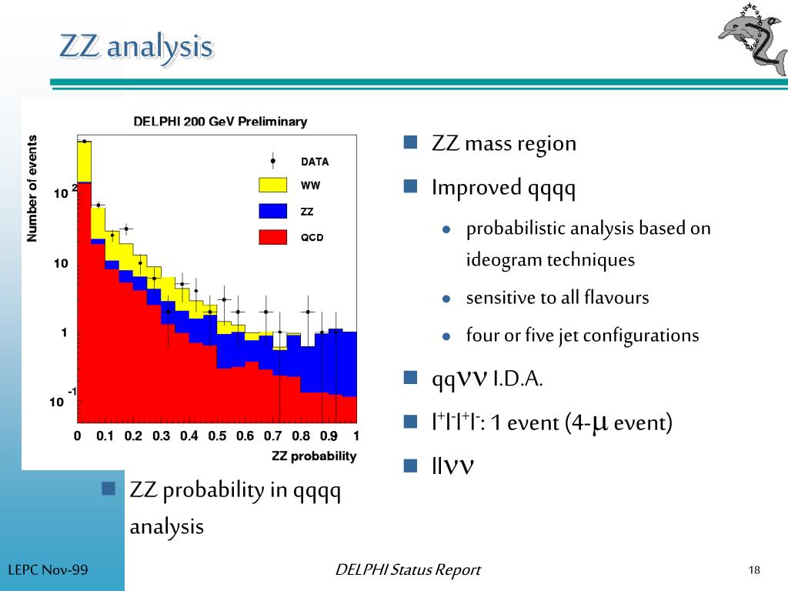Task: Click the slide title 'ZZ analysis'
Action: pyautogui.click(x=136, y=47)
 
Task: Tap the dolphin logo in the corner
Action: pyautogui.click(x=750, y=40)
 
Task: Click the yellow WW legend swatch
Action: pyautogui.click(x=272, y=185)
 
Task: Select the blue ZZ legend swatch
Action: pyautogui.click(x=272, y=211)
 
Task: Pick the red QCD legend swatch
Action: pyautogui.click(x=272, y=236)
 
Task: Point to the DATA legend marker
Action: pyautogui.click(x=272, y=161)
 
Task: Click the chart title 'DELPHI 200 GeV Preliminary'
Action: pyautogui.click(x=220, y=121)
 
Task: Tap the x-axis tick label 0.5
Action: pyautogui.click(x=217, y=436)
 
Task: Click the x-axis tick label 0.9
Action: pyautogui.click(x=329, y=436)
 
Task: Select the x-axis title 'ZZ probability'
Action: pyautogui.click(x=314, y=456)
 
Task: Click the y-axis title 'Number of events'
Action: pyautogui.click(x=32, y=189)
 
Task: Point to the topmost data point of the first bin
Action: pyautogui.click(x=84, y=142)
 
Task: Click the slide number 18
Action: pyautogui.click(x=753, y=570)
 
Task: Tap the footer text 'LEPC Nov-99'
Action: pyautogui.click(x=48, y=570)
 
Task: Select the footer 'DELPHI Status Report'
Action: pyautogui.click(x=408, y=570)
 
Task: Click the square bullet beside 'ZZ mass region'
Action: pyautogui.click(x=410, y=142)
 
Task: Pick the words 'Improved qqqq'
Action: pyautogui.click(x=504, y=188)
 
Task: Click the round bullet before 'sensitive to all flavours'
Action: pyautogui.click(x=446, y=299)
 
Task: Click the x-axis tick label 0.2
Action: pyautogui.click(x=133, y=436)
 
